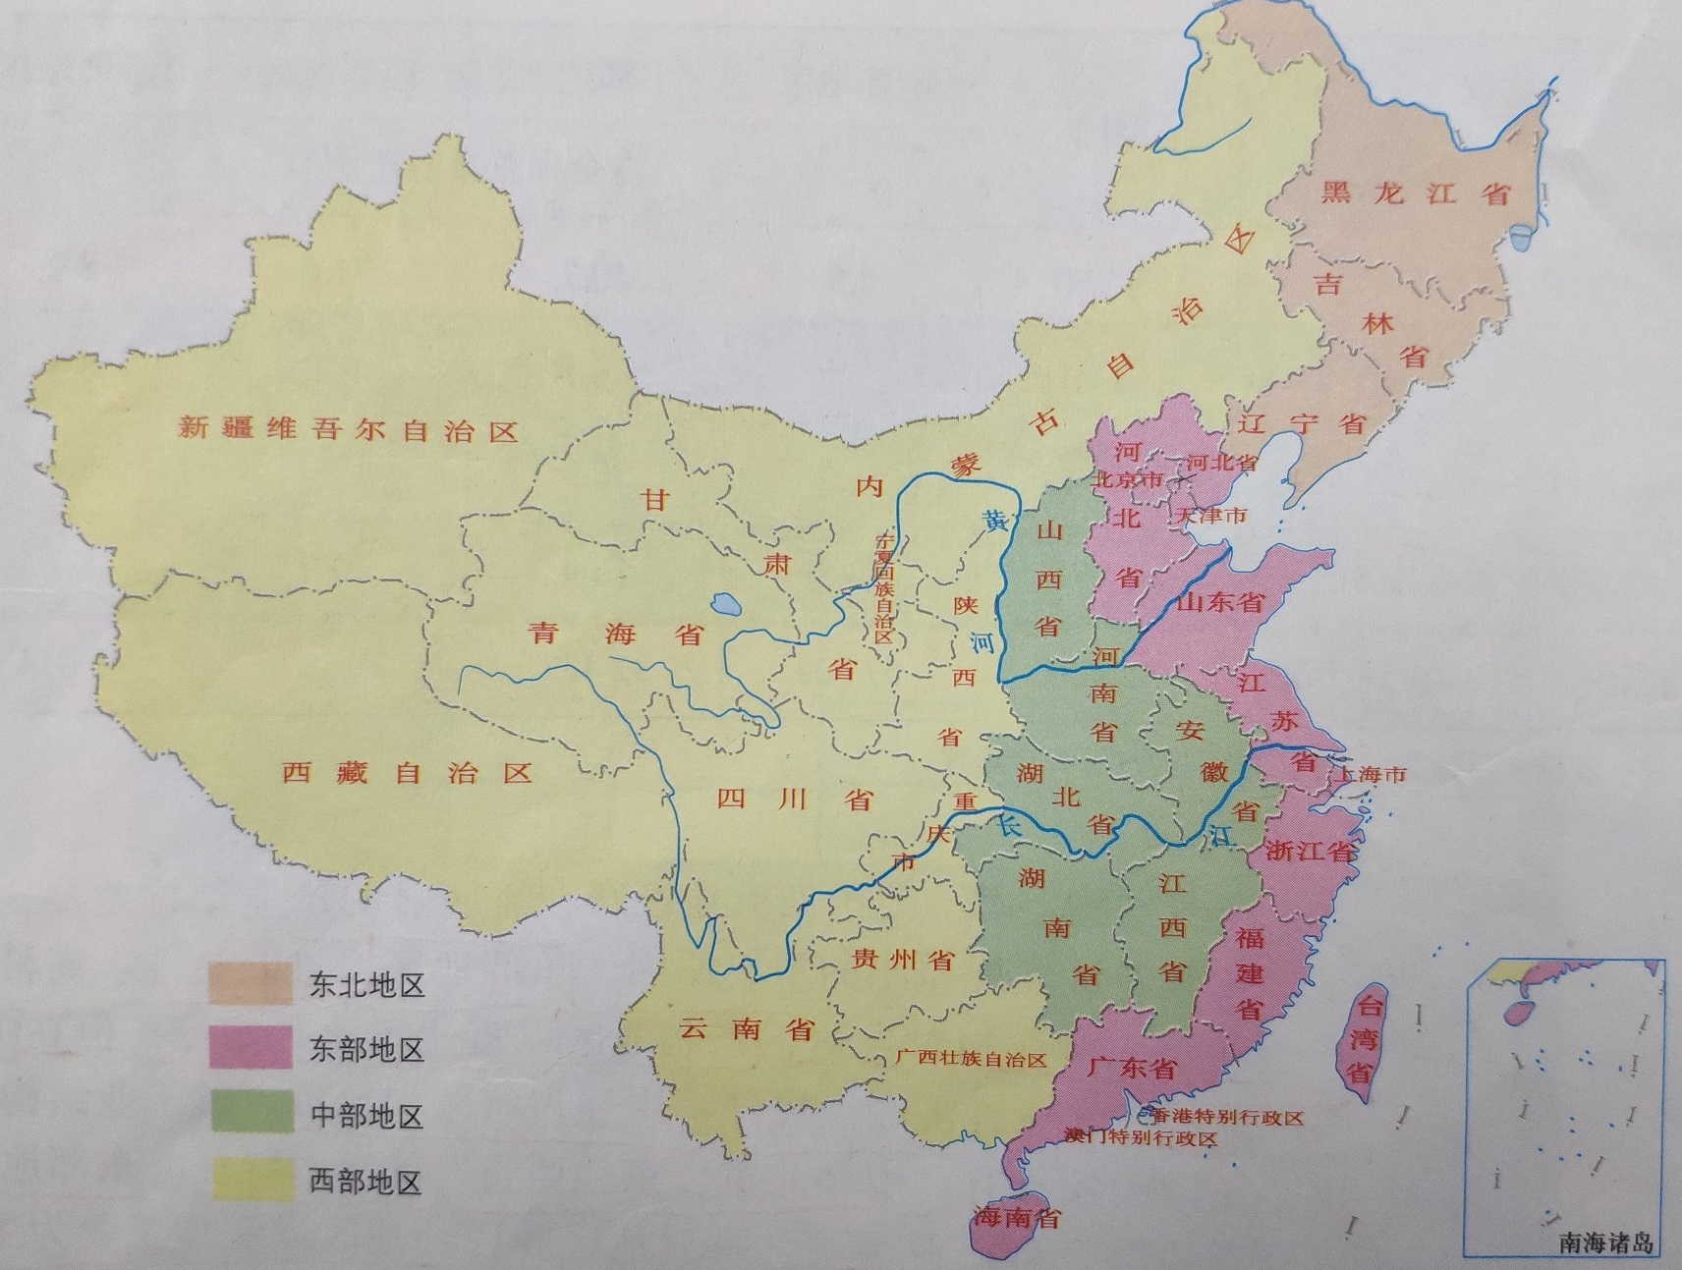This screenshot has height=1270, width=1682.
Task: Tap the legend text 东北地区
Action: pos(366,985)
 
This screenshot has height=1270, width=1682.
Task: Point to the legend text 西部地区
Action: pos(366,1181)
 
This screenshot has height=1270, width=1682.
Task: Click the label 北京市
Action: pos(1128,480)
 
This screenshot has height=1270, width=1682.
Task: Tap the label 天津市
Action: pos(1210,516)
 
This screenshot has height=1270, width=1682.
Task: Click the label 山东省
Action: pos(1219,602)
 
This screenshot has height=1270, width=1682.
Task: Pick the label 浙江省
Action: pos(1310,851)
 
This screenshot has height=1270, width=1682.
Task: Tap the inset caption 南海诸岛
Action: pos(1605,1243)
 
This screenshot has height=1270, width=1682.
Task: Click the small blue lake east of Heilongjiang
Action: pos(1524,237)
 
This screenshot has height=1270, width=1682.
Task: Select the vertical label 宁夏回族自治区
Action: pos(884,588)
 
